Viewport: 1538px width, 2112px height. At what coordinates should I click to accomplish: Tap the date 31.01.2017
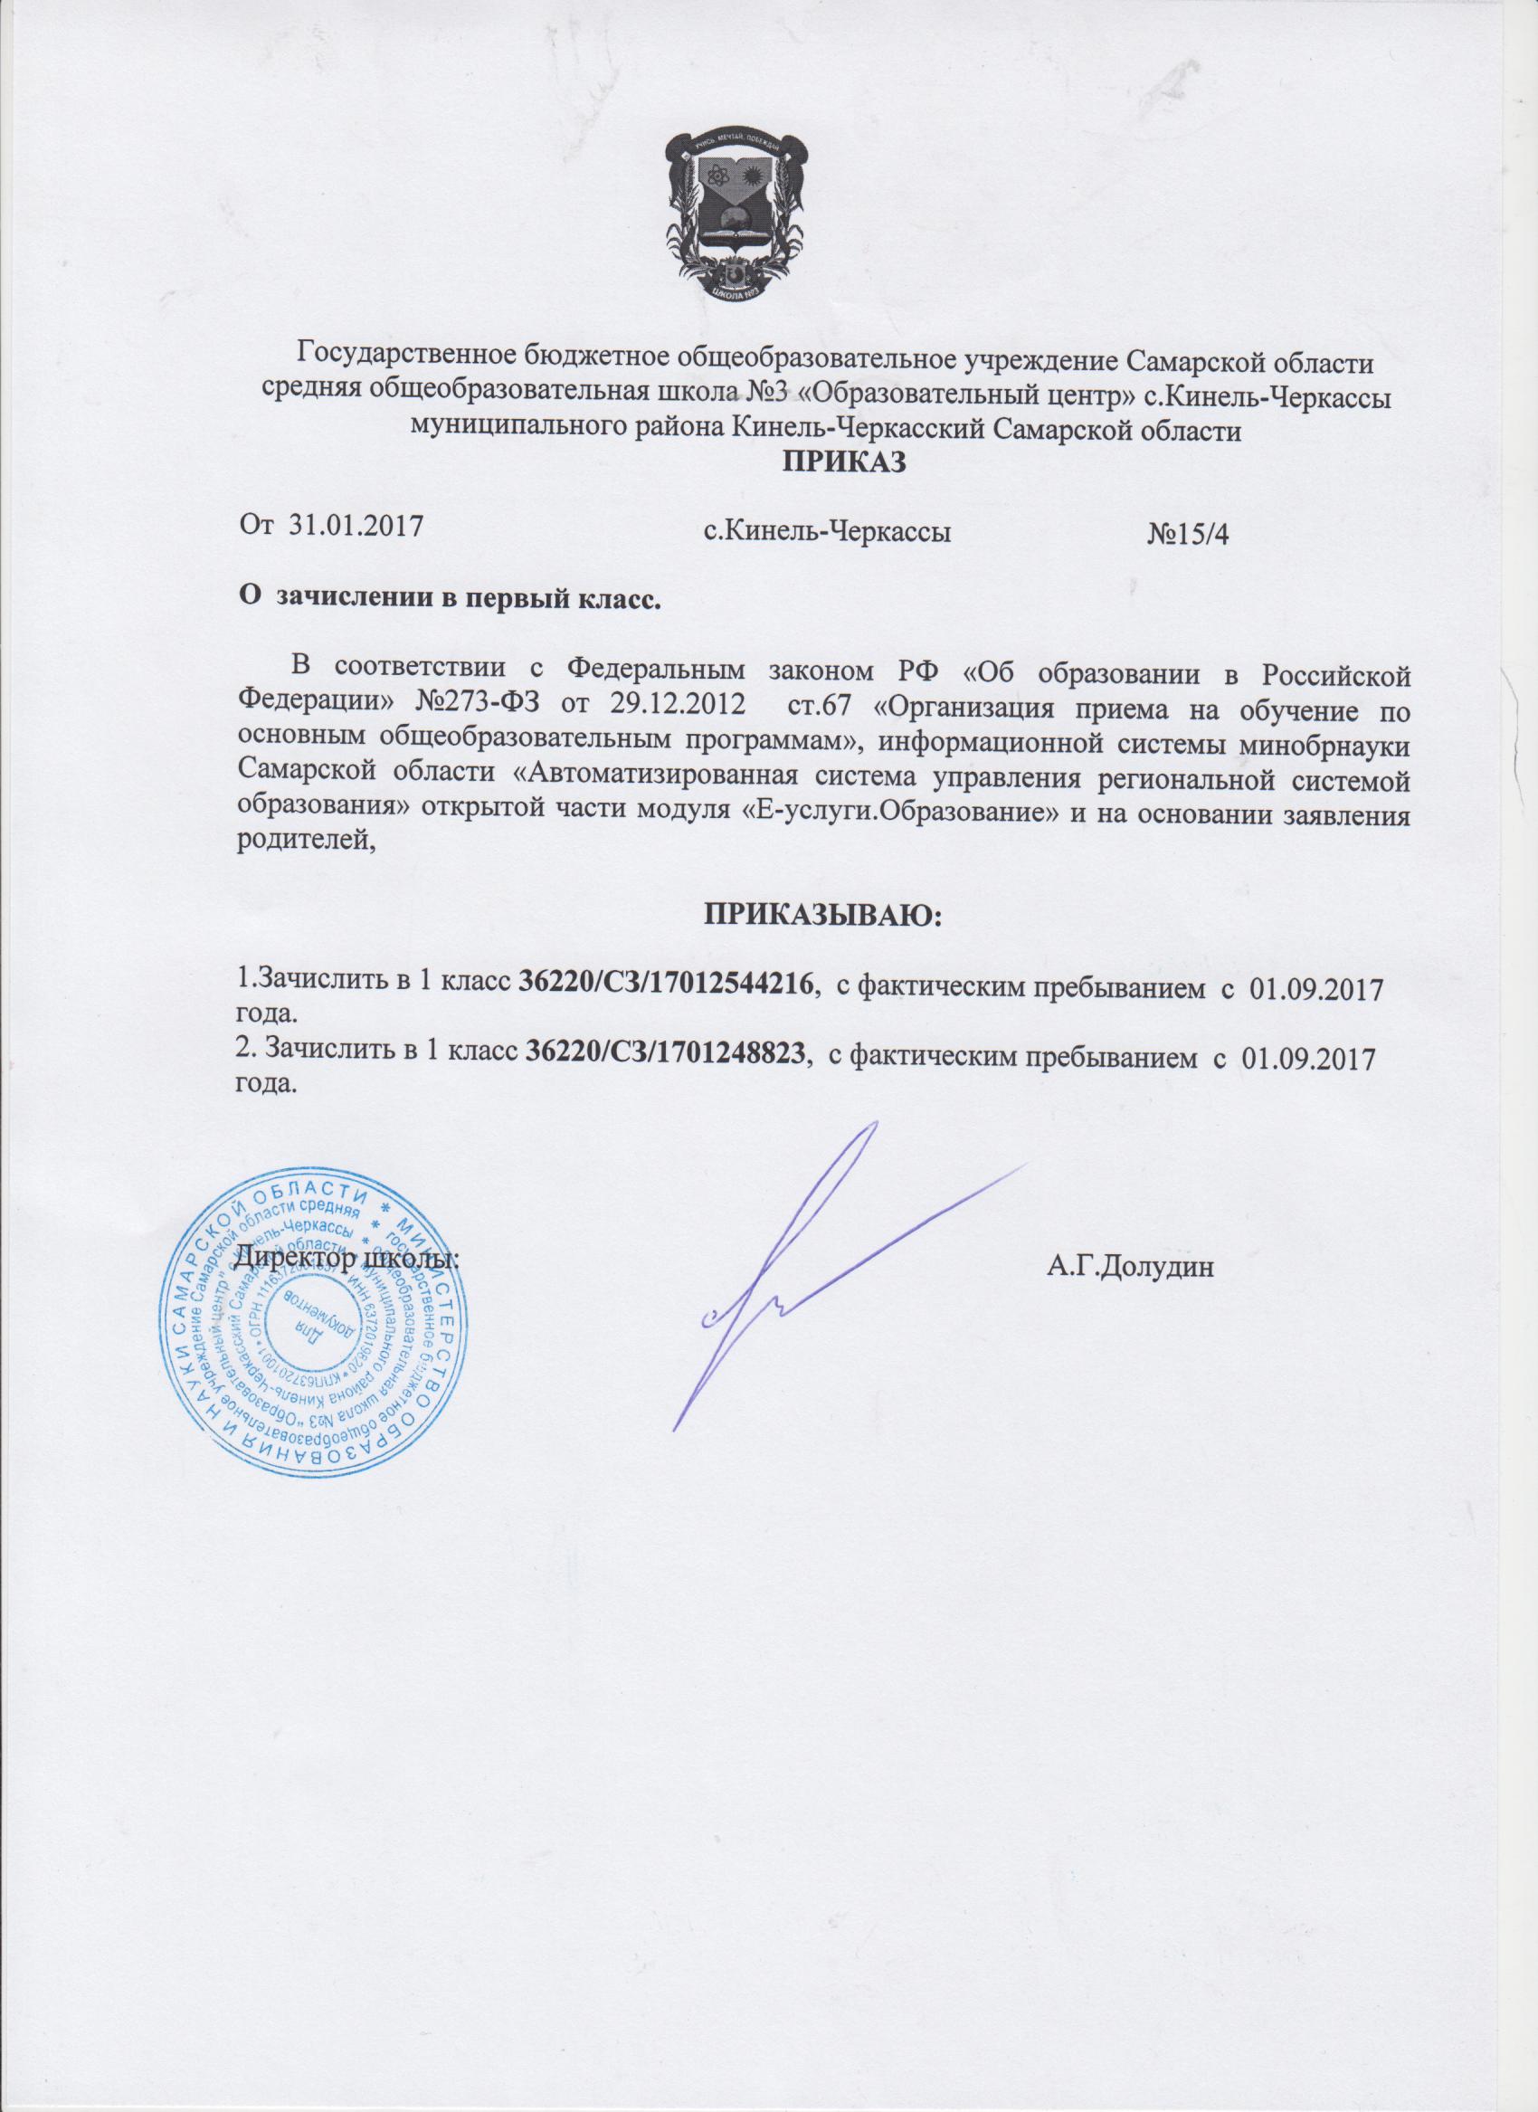pyautogui.click(x=356, y=527)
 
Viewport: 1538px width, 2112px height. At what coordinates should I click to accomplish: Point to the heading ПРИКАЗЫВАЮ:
pyautogui.click(x=823, y=916)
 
